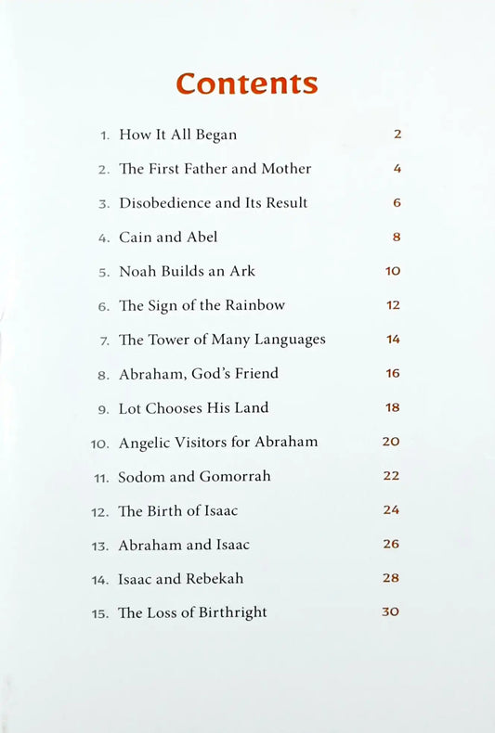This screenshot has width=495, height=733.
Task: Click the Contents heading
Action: pos(247,84)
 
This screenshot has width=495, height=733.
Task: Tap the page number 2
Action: pos(397,134)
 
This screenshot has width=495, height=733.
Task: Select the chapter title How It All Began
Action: pos(177,135)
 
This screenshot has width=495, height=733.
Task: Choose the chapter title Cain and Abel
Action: pos(168,238)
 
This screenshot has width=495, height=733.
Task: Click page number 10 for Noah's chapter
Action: pos(392,271)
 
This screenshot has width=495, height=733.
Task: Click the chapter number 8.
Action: pos(104,375)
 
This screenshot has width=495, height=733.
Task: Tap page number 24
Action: pos(391,509)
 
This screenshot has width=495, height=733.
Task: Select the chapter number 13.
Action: pos(100,546)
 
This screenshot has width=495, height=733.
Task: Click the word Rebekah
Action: pos(214,579)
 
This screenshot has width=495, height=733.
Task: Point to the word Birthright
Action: pos(232,612)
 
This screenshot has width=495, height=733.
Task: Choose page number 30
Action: pos(390,611)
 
